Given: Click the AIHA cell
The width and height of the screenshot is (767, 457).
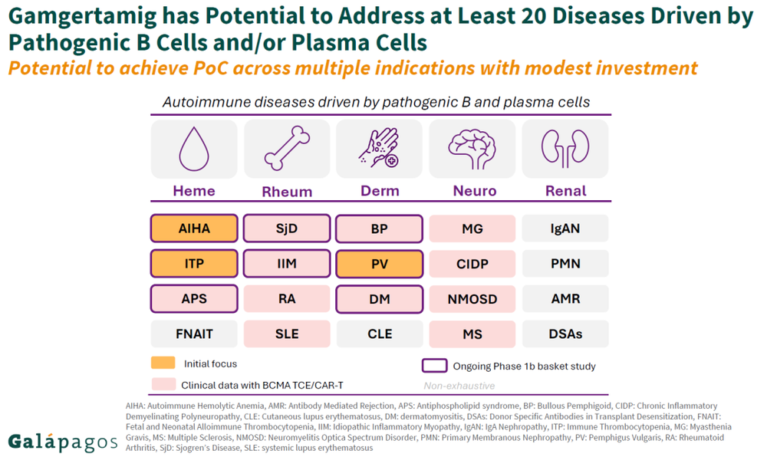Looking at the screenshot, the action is point(194,228).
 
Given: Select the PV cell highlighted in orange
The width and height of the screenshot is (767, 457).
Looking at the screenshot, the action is point(379,264).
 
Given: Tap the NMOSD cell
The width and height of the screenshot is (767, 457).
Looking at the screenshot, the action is point(472,299).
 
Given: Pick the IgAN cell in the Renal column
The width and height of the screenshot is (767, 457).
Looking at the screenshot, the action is point(565,228).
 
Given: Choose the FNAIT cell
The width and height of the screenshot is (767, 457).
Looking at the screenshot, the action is point(194,334).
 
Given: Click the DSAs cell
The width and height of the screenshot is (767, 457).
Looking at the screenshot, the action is point(565,334).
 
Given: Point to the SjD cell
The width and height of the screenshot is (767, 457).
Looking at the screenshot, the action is point(287,228).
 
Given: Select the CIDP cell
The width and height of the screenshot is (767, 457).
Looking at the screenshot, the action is point(472,264).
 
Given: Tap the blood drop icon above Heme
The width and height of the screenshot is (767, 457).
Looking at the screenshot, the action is point(194,149).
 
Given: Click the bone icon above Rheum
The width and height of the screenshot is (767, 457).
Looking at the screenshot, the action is point(287,148).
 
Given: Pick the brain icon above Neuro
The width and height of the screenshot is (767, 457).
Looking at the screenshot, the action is point(472,149).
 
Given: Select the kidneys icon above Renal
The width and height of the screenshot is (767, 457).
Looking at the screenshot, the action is point(565,149).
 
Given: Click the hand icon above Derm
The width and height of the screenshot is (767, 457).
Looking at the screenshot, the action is point(380,148).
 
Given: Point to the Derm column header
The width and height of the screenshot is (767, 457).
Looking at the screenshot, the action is point(380,191).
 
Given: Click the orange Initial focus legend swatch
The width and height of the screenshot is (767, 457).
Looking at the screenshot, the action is point(163,363).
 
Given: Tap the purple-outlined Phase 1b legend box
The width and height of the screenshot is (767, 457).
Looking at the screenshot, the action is point(434,366).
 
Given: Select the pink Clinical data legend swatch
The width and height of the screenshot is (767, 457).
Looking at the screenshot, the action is point(163,384).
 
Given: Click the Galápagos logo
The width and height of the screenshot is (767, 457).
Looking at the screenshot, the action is point(63,442).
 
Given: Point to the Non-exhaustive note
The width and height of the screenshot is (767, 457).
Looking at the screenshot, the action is point(459,386).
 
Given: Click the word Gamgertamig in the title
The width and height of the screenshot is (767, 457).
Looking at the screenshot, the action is point(83,17).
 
